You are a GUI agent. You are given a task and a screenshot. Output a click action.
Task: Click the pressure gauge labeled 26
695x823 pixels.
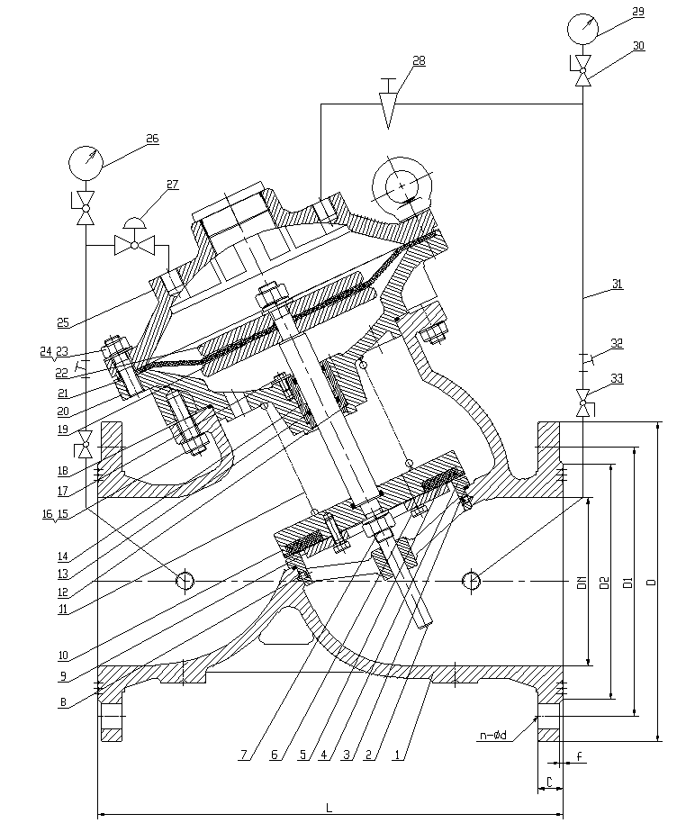click(x=86, y=164)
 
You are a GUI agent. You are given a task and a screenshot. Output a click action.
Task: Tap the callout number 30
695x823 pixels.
click(x=638, y=45)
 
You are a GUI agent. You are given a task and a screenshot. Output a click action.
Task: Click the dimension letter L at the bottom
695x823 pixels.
click(x=329, y=808)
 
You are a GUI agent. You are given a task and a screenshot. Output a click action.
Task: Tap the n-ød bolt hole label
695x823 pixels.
click(x=492, y=736)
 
